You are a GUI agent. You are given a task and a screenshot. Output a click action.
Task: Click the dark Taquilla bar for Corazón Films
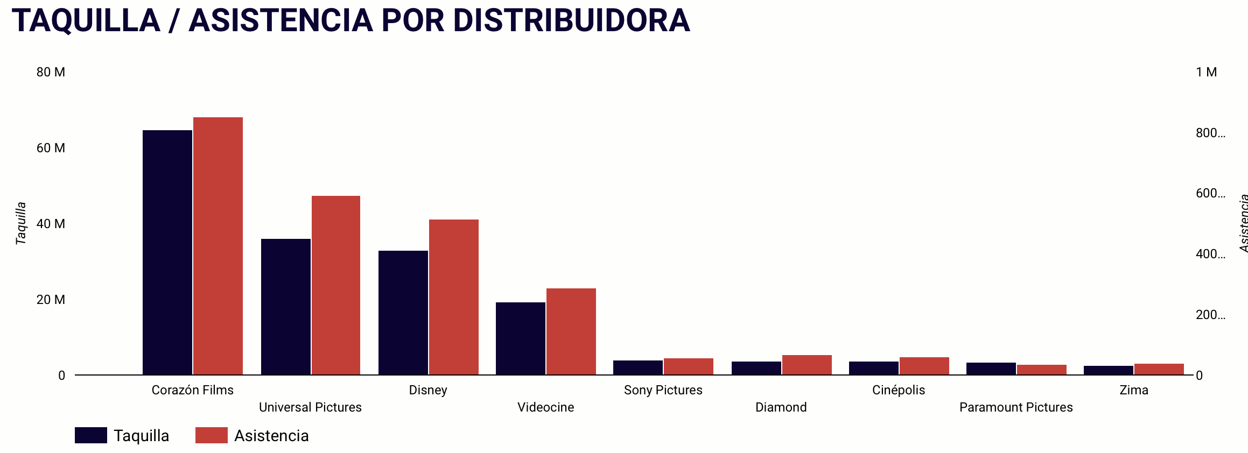(167, 252)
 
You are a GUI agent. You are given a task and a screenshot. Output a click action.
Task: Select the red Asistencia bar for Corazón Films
(218, 246)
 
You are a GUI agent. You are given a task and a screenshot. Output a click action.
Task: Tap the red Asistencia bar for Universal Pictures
(336, 285)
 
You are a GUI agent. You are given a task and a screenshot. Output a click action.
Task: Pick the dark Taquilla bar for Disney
(403, 313)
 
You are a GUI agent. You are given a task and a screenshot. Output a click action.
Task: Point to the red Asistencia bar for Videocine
(571, 331)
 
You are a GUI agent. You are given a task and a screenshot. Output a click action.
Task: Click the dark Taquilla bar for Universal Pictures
(286, 307)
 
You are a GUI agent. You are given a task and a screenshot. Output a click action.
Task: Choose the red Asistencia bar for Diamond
(807, 365)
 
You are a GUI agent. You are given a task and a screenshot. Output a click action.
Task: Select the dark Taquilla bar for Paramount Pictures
(991, 369)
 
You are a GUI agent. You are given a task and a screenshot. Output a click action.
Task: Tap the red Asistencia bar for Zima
(1159, 369)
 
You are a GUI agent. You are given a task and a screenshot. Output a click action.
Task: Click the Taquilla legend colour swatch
(91, 435)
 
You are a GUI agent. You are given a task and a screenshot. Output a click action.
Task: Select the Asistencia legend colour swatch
(212, 435)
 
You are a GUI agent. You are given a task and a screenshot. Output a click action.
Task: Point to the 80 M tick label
(51, 72)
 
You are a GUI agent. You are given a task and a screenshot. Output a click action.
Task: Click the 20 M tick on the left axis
(51, 300)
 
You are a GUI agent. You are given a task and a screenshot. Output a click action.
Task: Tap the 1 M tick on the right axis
(1207, 72)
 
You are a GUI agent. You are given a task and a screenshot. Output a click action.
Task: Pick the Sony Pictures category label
(663, 390)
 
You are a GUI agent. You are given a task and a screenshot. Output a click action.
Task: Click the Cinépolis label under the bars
(899, 390)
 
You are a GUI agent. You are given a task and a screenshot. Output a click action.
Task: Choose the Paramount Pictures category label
(1016, 407)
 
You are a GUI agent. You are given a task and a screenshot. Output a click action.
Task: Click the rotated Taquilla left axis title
(21, 223)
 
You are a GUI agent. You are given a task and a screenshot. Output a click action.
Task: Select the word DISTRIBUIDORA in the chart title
(571, 20)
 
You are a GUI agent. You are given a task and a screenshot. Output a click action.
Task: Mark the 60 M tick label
(51, 148)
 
